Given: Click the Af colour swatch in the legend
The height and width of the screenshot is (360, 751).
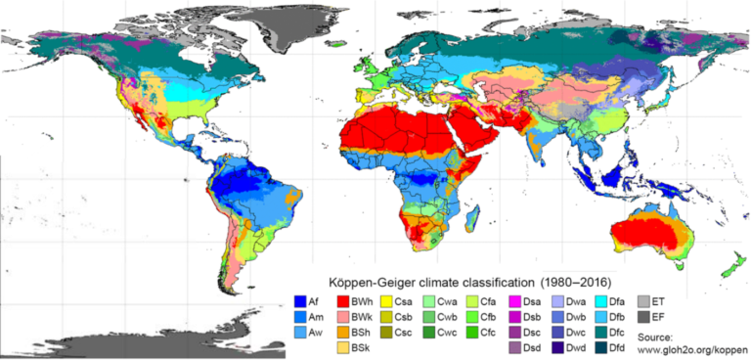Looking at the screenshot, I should (x=300, y=300).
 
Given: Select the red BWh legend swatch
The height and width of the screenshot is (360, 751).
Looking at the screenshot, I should (x=344, y=300).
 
